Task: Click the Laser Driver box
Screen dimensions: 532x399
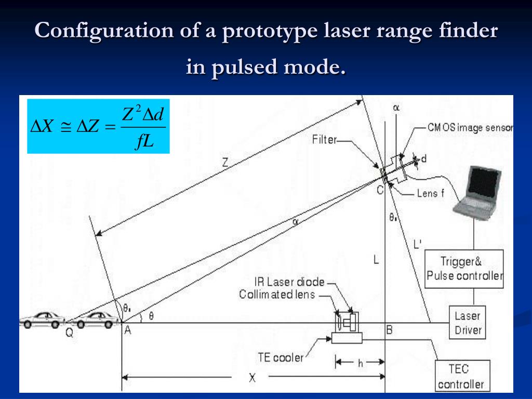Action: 468,323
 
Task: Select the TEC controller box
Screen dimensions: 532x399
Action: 461,377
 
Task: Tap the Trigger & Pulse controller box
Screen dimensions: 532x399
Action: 464,269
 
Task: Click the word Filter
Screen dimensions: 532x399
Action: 325,139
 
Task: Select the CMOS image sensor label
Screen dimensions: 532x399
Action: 470,127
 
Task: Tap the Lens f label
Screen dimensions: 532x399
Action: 431,194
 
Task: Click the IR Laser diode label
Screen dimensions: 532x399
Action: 289,283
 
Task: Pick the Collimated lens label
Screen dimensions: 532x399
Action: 277,295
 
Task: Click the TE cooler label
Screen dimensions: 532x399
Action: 281,357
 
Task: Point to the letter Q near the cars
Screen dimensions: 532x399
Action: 69,334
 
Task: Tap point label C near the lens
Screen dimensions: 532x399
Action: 380,190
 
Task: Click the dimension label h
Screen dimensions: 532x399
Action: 360,364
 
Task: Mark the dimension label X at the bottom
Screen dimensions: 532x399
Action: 252,378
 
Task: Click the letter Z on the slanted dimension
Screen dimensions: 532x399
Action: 225,162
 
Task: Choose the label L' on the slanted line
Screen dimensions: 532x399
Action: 417,243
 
